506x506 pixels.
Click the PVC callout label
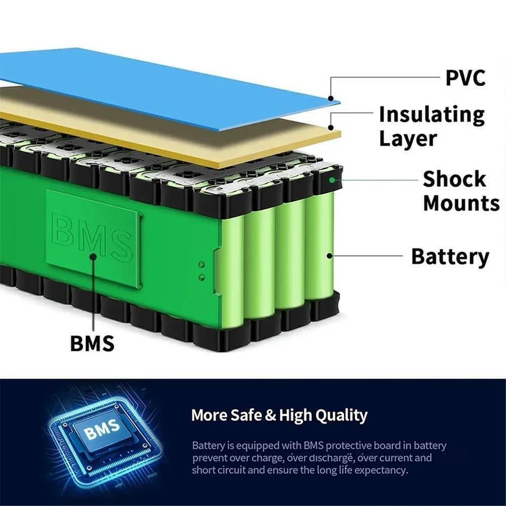pos(465,77)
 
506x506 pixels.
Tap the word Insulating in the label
pos(431,114)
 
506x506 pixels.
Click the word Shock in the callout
pos(454,179)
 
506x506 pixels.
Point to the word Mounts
pos(461,203)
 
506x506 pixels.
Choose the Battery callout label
pos(450,257)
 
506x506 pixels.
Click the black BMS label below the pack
pos(92,343)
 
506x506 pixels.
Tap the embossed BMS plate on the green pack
pos(93,237)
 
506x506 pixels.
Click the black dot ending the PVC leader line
pos(330,98)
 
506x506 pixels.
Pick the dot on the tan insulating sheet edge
pos(330,127)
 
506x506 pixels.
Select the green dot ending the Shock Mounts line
pos(332,179)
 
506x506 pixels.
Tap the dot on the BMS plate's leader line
pos(93,257)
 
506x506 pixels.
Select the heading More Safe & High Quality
pos(279,415)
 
